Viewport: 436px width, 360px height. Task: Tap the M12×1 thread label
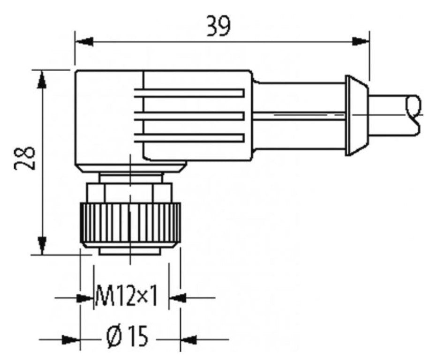pyautogui.click(x=126, y=297)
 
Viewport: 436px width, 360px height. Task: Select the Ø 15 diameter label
pyautogui.click(x=127, y=336)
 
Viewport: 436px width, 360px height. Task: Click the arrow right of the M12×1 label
pyautogui.click(x=177, y=297)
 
